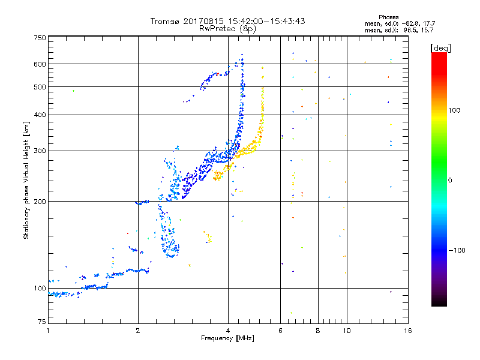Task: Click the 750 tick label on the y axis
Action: pos(40,37)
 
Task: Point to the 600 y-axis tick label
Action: pos(40,64)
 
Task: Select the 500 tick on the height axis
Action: pos(40,87)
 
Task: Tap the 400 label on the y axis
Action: pos(40,115)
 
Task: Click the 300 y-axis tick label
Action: pos(40,151)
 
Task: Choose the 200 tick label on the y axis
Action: pos(40,201)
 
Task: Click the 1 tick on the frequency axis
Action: pos(48,331)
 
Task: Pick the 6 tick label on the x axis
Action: pos(280,331)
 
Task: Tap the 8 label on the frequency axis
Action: pos(317,331)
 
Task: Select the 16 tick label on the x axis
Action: pos(407,331)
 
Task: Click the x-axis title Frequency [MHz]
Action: pos(228,338)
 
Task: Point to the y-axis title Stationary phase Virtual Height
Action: pos(26,180)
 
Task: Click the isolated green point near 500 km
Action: pos(74,91)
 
